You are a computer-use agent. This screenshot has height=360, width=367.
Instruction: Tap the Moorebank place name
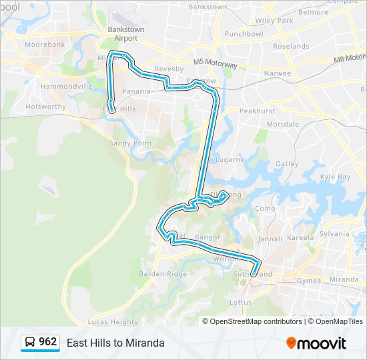[x=44, y=45]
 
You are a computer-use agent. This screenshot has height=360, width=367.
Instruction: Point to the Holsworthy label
[x=45, y=106]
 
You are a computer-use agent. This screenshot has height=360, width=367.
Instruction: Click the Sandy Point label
[x=131, y=143]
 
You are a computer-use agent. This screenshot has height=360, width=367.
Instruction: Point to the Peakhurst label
[x=257, y=111]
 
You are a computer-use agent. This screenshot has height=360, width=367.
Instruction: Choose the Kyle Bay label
[x=335, y=177]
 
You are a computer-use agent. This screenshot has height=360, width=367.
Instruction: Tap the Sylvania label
[x=334, y=234]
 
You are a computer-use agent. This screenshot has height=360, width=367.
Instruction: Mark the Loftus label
[x=240, y=302]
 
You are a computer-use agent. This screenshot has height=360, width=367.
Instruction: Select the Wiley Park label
[x=274, y=21]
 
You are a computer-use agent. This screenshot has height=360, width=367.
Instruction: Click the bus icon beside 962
[x=30, y=343]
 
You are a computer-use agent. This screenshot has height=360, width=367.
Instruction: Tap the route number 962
[x=48, y=342]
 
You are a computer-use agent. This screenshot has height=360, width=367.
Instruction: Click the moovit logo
[x=316, y=343]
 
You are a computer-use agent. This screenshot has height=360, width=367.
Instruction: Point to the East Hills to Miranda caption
[x=115, y=343]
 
